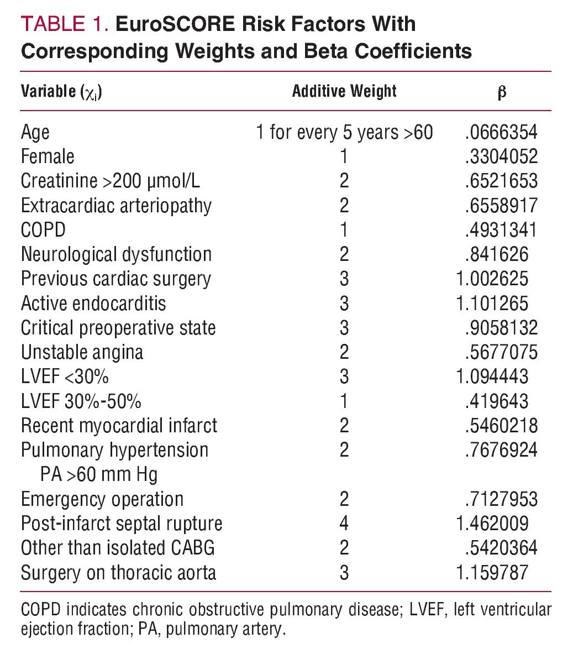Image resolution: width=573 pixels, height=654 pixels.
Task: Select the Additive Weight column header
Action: pos(344,91)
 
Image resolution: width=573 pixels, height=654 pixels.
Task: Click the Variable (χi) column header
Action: pos(61,91)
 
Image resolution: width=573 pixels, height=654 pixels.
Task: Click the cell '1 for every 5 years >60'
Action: pos(344,133)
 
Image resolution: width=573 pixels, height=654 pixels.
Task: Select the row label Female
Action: pos(48,157)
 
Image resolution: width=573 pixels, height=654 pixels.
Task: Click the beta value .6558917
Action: pos(501,206)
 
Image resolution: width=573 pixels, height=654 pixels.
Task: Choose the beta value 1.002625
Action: pos(492,279)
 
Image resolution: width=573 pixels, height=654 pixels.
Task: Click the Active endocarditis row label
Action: pos(93,304)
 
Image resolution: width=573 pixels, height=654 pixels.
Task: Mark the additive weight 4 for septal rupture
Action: pos(344,524)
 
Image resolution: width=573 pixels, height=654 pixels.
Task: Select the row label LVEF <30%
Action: pos(65,377)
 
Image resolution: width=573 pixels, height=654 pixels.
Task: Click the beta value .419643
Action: pos(496,401)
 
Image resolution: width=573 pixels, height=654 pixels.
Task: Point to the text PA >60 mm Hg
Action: pos(99,474)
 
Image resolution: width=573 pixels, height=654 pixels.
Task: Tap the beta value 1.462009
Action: pos(492,524)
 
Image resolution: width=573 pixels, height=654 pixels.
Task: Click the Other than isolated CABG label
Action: pos(118,548)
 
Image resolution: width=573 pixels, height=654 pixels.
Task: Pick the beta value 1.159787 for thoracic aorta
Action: pos(492,572)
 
